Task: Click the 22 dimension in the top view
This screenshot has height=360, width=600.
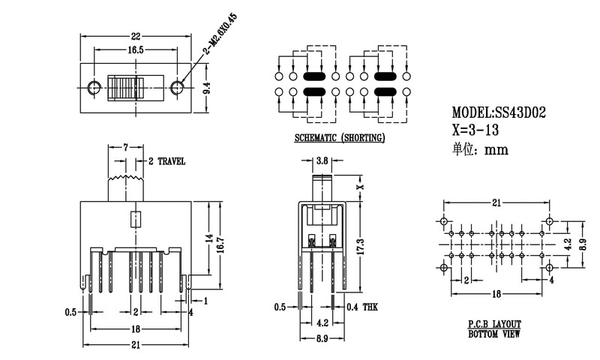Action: click(136, 35)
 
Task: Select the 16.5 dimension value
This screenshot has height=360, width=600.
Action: click(136, 50)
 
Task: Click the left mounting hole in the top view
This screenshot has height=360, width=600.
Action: click(94, 88)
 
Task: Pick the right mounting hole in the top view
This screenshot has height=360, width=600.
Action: click(178, 88)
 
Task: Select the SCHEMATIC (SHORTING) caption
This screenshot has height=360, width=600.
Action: click(340, 138)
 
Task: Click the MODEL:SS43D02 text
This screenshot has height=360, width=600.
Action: click(499, 113)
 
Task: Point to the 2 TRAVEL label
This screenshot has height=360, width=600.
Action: click(166, 161)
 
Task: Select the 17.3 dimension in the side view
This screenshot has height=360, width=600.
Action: click(361, 245)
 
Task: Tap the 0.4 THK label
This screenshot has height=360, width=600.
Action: click(364, 307)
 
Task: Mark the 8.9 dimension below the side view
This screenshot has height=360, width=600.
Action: click(322, 339)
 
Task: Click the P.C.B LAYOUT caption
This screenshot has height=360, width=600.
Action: click(494, 323)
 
